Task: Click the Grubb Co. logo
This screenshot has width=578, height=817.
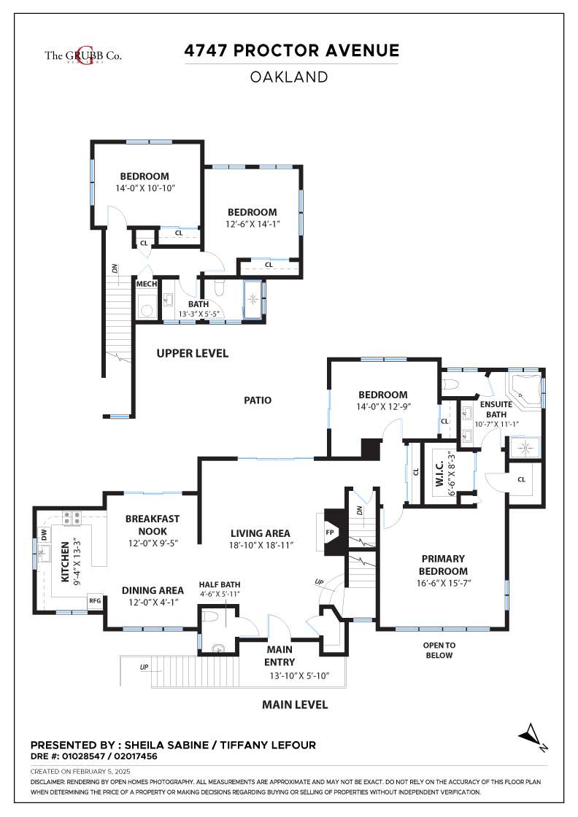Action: pos(83,55)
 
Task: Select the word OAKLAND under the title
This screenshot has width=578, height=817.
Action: pos(289,77)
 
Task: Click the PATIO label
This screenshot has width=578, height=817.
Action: pos(258,400)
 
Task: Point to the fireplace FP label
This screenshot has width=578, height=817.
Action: pos(329,533)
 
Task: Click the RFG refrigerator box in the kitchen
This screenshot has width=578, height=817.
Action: pos(94,601)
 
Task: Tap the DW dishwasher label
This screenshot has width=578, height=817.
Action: pos(44,534)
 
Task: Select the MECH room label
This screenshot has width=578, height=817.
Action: pos(147,284)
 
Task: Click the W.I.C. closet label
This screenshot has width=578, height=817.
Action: pos(439,473)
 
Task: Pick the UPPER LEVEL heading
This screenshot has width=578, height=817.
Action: pos(193,353)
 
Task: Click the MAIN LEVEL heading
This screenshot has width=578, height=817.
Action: pos(295,705)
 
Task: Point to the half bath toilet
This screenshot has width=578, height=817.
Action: pos(209,617)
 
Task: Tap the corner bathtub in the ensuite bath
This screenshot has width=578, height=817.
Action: pos(525,388)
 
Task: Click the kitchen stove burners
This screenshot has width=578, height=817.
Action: pos(72,518)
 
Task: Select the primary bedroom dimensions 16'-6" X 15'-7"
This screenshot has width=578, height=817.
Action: pos(443,583)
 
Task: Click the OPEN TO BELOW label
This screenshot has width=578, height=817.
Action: pos(439,650)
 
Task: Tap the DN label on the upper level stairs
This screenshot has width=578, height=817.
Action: pos(115,269)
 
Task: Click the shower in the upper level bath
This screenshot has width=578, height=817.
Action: pos(253,299)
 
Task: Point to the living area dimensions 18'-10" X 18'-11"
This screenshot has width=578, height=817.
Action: pos(261,546)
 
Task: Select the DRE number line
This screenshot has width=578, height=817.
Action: pos(94,756)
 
